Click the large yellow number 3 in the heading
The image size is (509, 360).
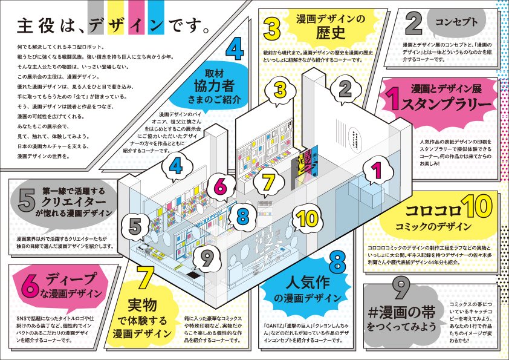point(271,27)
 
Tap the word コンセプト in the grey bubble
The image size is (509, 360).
point(456,22)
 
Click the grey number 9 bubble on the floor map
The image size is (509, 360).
point(207,259)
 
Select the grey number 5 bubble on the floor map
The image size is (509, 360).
point(137,227)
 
